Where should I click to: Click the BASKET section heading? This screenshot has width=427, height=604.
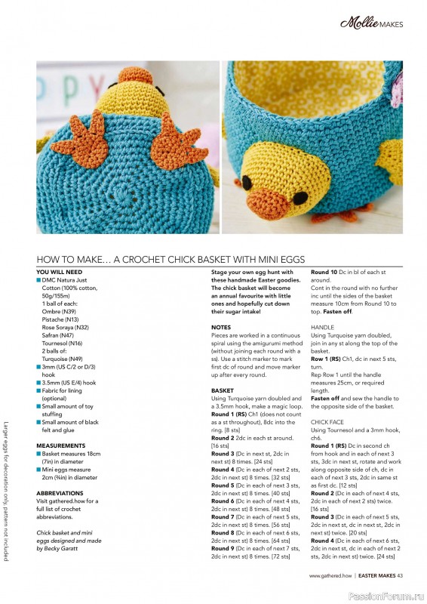pos(223,390)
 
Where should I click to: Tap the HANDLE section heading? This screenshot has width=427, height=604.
pos(323,327)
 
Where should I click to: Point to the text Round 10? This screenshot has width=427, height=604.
pos(326,272)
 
